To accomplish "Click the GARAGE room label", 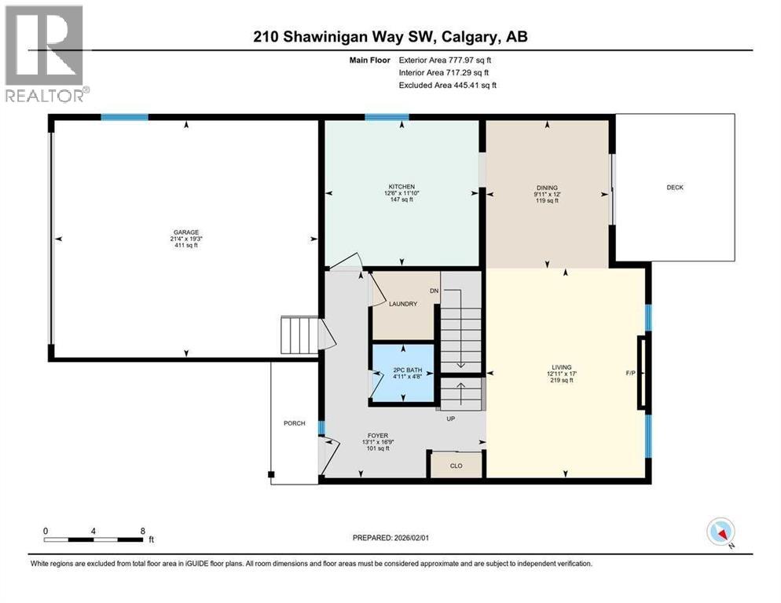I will (185, 233).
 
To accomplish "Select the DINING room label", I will (547, 188).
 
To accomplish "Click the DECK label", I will (675, 187).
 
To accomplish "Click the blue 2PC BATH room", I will (402, 373).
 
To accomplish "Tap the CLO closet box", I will (455, 465).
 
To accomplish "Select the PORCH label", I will (294, 423).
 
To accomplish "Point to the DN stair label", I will (434, 291).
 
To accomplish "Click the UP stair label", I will (450, 418).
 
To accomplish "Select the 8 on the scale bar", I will (143, 531).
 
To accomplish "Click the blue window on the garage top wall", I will (124, 117).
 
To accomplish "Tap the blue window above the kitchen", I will (386, 117).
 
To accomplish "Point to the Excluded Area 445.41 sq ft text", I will (447, 85).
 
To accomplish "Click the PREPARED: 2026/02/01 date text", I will (392, 538).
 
